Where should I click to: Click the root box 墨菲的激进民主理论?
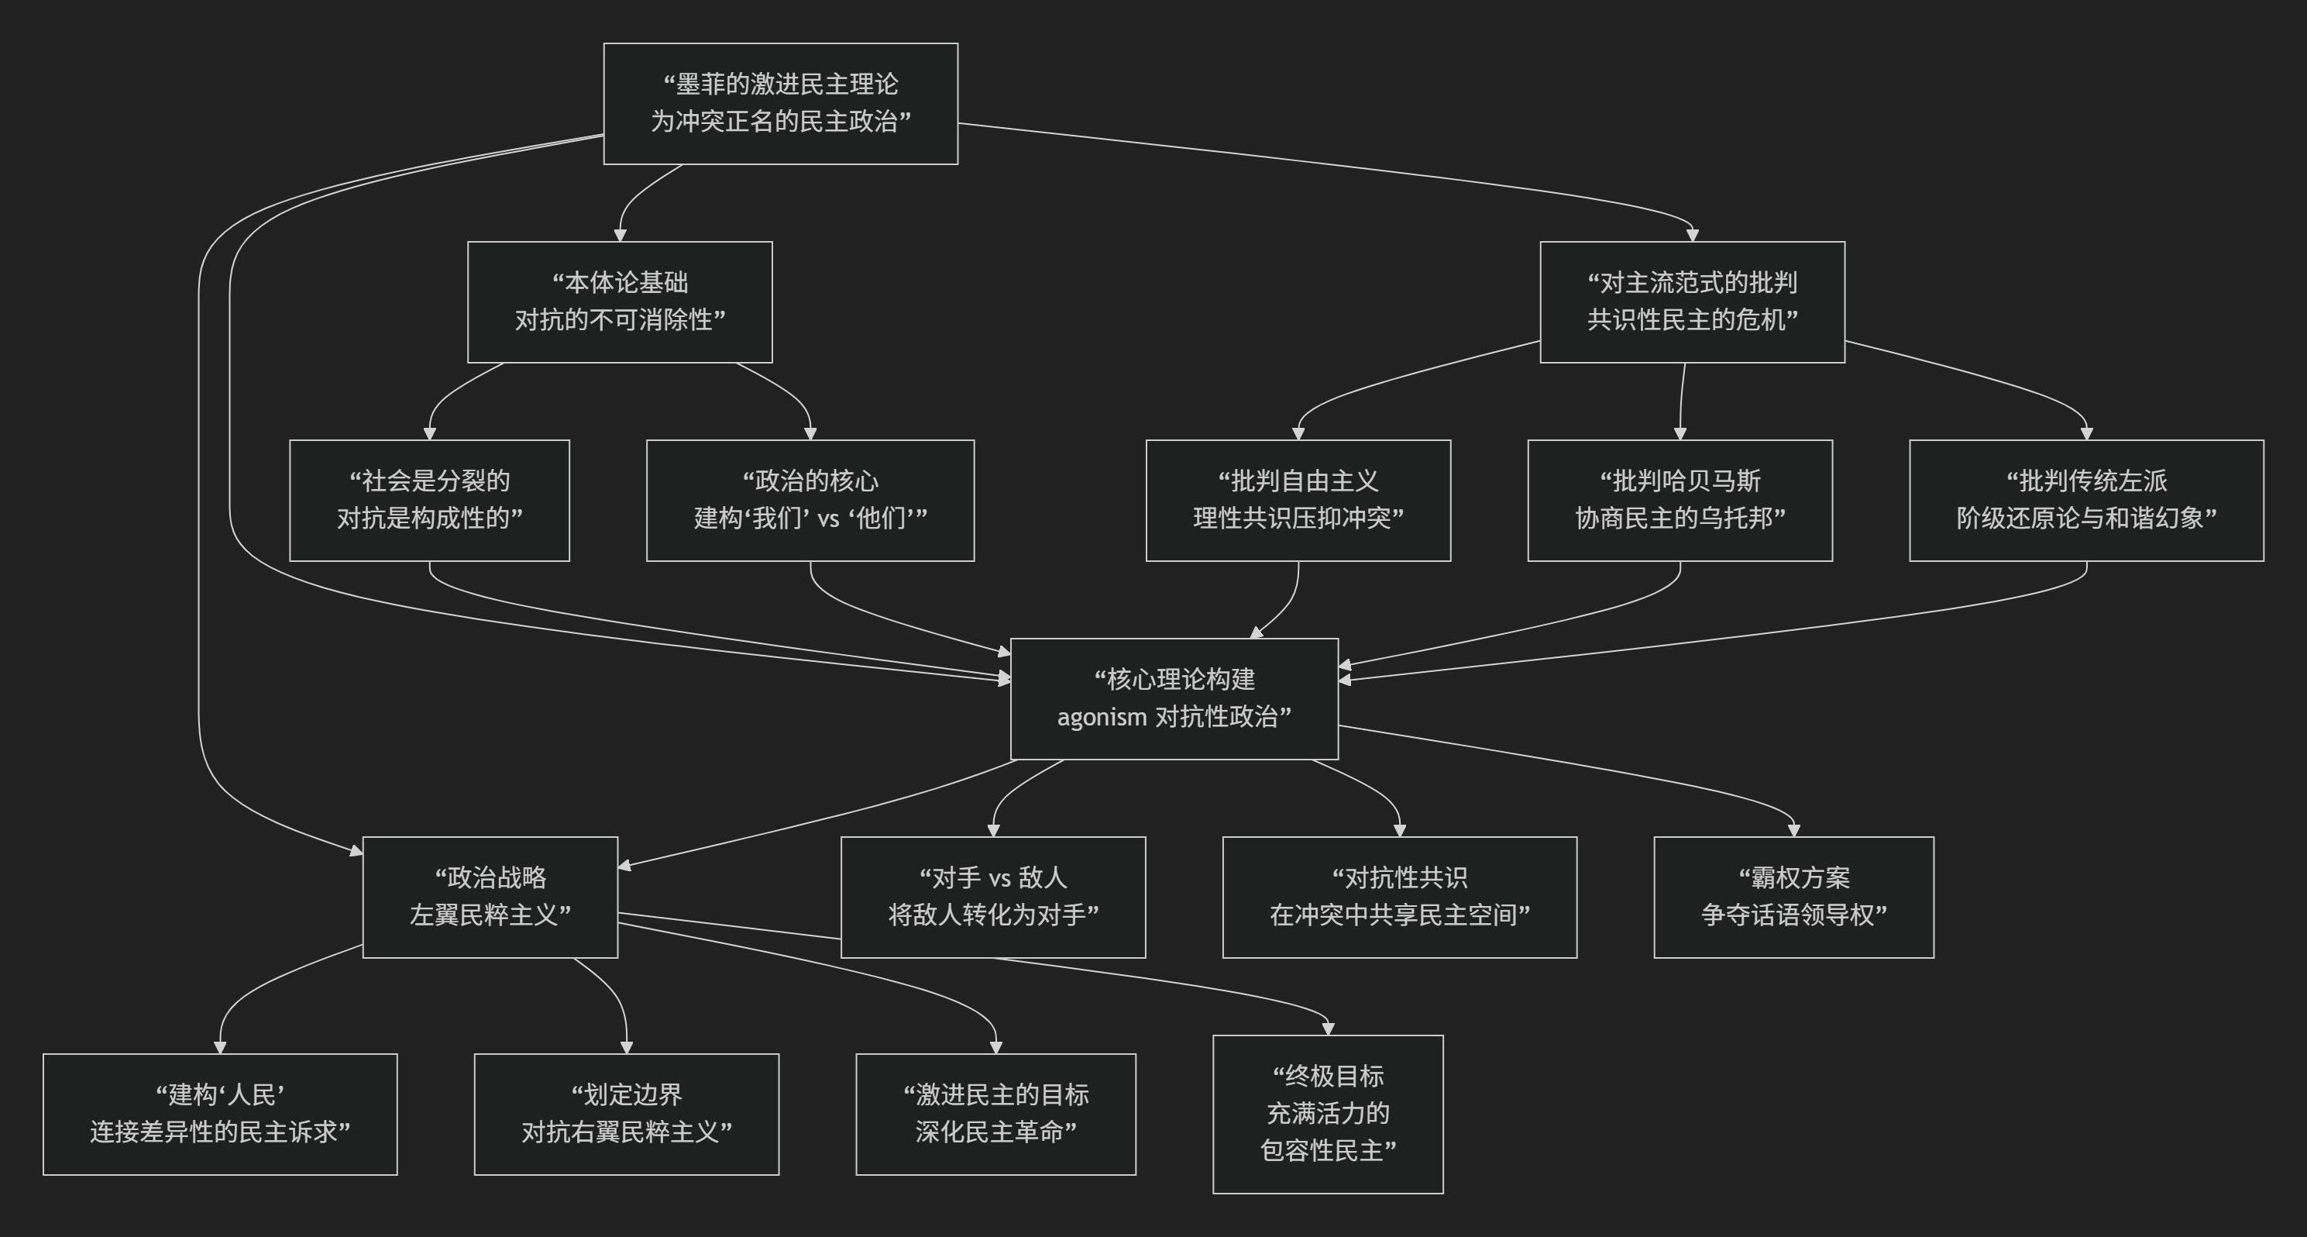click(x=780, y=103)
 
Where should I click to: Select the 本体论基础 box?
click(x=619, y=301)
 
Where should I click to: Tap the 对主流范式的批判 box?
click(x=1692, y=301)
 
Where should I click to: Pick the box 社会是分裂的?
click(x=429, y=500)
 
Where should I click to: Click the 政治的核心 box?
click(x=810, y=500)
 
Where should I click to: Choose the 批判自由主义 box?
click(x=1298, y=500)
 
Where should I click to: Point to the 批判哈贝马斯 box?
click(x=1680, y=500)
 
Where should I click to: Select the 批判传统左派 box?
click(x=2085, y=500)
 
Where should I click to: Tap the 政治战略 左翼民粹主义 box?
click(x=490, y=897)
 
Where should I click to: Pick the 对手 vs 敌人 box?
click(x=992, y=897)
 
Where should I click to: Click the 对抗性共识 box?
click(x=1399, y=897)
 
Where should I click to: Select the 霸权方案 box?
click(x=1793, y=897)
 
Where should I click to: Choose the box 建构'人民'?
click(x=219, y=1114)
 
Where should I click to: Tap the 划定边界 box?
click(x=626, y=1114)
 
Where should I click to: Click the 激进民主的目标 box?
click(x=995, y=1114)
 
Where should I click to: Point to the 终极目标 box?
click(x=1327, y=1114)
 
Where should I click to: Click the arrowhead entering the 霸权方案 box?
click(x=1793, y=830)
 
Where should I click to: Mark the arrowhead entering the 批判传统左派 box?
click(x=2085, y=433)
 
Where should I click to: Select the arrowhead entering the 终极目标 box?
click(x=1327, y=1029)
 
